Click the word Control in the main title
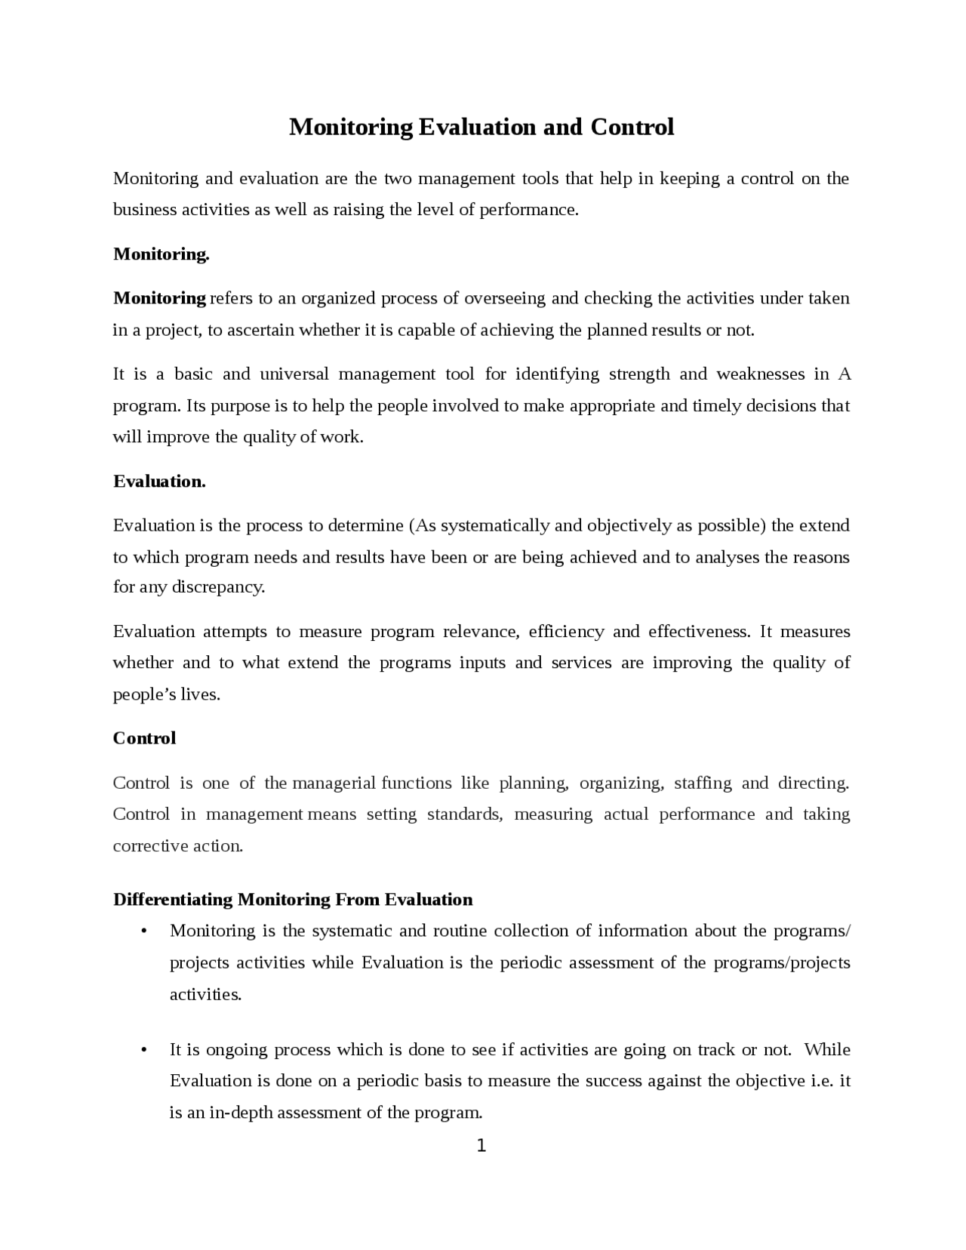(x=632, y=127)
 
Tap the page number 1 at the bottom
(x=481, y=1146)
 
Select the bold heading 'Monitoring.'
(x=161, y=254)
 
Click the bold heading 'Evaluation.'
(x=159, y=482)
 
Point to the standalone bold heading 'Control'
(x=144, y=738)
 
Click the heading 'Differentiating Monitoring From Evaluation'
(x=293, y=899)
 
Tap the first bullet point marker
(x=143, y=931)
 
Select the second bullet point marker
(x=143, y=1050)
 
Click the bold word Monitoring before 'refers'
(x=159, y=298)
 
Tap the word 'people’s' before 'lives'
(x=144, y=694)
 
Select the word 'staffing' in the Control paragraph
(x=702, y=783)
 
